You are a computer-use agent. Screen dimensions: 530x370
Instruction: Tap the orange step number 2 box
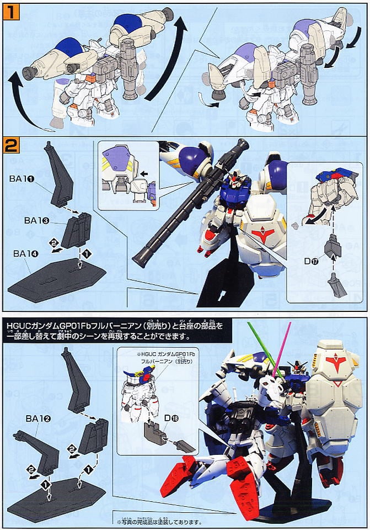coord(9,146)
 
